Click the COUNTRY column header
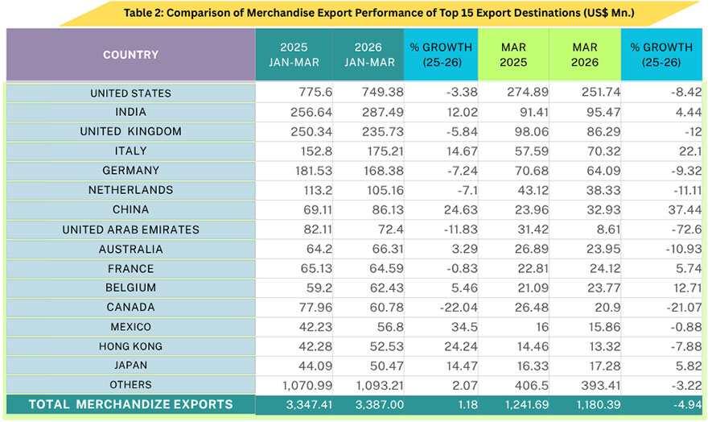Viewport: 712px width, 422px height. pos(130,55)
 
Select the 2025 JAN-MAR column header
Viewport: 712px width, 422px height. pos(293,55)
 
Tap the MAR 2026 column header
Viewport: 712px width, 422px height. pos(584,55)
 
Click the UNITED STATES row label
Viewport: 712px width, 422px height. pos(130,93)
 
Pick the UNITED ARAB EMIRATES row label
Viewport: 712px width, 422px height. pos(130,230)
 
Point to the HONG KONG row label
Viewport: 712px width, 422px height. pos(130,346)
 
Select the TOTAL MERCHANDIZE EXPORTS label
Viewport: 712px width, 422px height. pos(130,404)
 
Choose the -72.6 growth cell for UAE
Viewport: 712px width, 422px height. pos(676,230)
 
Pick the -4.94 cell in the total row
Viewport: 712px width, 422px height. pos(676,404)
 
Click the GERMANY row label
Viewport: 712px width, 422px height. pos(130,171)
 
